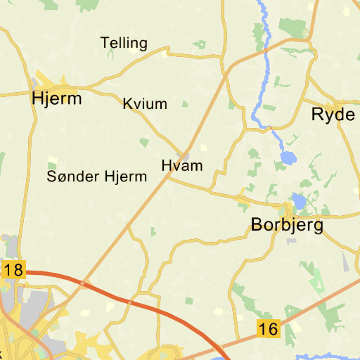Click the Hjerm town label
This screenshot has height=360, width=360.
pos(57,98)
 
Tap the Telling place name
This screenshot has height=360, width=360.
pos(124,44)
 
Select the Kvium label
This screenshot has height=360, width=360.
pos(145,104)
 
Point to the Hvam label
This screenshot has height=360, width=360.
pos(181,166)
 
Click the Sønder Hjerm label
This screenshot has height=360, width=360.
pos(97,176)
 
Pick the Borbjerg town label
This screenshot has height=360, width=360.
pos(287,225)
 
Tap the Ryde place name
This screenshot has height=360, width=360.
pos(333,115)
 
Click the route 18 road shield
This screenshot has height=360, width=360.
pos(13,270)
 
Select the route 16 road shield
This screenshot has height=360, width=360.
pos(268,328)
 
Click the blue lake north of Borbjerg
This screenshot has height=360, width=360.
pos(299,202)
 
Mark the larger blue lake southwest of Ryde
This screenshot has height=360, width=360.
pos(288,157)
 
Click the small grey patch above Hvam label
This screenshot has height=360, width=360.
pos(186,155)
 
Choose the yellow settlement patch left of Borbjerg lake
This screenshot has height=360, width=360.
pos(243,202)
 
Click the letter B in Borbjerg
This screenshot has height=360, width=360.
pos(257,225)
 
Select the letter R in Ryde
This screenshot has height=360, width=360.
pos(317,115)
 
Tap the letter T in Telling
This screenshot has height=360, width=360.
pos(105,44)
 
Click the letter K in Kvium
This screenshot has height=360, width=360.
pos(127,104)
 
